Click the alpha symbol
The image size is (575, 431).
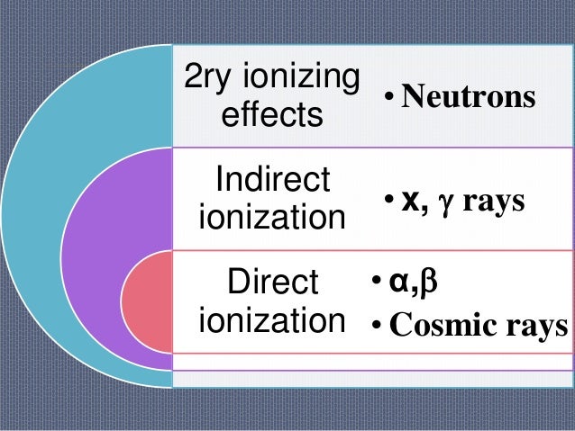pos(397,285)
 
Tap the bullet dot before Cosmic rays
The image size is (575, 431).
pos(378,326)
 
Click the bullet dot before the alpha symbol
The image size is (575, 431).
pos(378,286)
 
